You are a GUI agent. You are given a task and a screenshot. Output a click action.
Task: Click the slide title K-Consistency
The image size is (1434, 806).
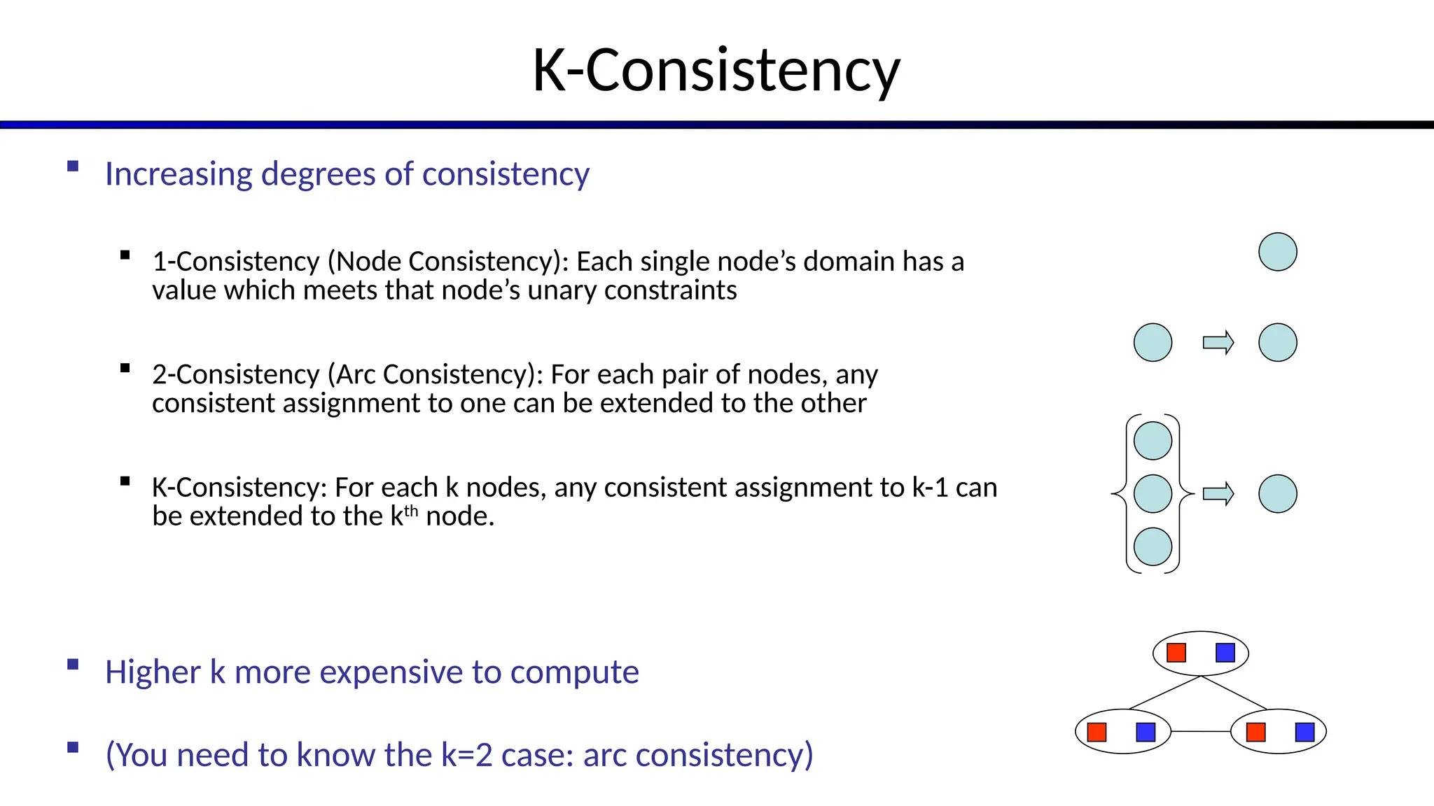(x=716, y=70)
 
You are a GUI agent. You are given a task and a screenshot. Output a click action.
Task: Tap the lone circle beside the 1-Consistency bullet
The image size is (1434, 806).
(x=1277, y=252)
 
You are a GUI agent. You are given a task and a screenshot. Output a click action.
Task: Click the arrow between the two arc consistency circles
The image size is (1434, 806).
(x=1218, y=343)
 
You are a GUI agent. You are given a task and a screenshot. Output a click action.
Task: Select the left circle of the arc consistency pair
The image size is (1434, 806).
(x=1153, y=343)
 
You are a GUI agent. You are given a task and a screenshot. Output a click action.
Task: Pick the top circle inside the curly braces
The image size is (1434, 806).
(x=1153, y=441)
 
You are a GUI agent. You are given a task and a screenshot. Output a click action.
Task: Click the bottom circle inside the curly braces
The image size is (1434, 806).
(x=1153, y=546)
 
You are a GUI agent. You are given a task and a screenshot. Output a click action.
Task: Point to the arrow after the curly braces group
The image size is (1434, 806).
(x=1218, y=494)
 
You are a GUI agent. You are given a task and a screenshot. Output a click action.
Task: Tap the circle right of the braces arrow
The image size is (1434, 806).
(x=1277, y=494)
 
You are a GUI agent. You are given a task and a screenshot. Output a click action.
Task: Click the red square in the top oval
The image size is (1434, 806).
(x=1176, y=653)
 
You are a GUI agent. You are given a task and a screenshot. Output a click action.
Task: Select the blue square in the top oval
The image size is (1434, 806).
(x=1225, y=653)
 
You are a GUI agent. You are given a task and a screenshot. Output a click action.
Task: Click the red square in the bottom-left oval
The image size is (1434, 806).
(x=1097, y=732)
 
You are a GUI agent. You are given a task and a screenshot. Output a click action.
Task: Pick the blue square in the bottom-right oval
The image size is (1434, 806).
(x=1305, y=732)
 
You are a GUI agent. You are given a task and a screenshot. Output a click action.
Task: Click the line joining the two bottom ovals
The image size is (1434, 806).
(x=1200, y=731)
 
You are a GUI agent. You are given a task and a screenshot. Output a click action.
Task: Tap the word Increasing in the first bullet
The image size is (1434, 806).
(x=178, y=174)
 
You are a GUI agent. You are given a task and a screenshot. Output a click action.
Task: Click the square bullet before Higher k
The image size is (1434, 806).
(x=73, y=665)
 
